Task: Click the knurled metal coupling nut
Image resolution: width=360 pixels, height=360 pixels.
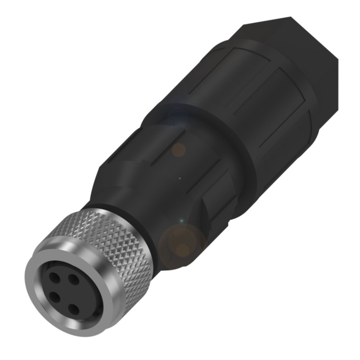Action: [112, 243]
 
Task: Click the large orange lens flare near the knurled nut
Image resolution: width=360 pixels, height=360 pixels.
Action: [182, 243]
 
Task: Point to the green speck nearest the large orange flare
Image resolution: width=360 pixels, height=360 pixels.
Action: [181, 220]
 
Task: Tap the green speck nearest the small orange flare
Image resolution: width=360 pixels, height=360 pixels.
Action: [180, 179]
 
